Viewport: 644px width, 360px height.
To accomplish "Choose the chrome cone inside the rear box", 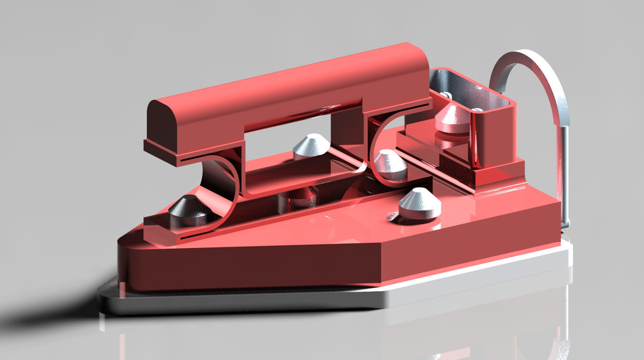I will [451, 117].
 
